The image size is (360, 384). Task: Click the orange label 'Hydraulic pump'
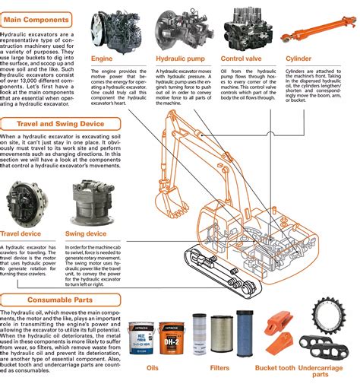coord(181,58)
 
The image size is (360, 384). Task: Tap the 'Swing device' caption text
coord(86,233)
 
